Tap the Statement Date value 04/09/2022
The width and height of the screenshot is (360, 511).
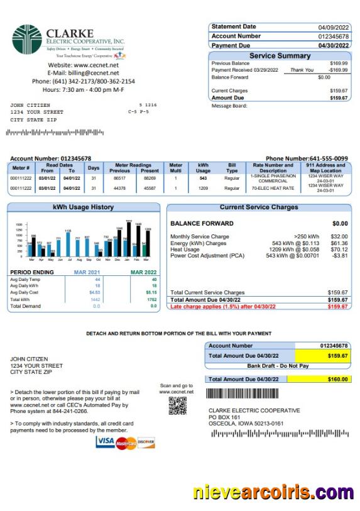coord(333,27)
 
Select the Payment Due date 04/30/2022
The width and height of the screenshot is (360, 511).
coord(333,45)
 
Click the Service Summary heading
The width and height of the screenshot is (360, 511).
coord(280,56)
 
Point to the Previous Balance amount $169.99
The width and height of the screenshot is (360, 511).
coord(339,63)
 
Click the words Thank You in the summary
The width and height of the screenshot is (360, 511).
coord(302,70)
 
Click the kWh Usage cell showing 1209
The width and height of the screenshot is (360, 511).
coord(203,188)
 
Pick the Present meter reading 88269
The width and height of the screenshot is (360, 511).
coord(150,179)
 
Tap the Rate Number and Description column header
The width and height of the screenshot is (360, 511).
coord(273,168)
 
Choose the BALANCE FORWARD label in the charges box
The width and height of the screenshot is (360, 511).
coord(202,223)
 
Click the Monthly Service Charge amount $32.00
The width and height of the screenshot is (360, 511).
coord(339,236)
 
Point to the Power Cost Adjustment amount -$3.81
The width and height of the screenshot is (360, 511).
coord(339,256)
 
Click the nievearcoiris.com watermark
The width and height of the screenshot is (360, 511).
coord(273,492)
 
